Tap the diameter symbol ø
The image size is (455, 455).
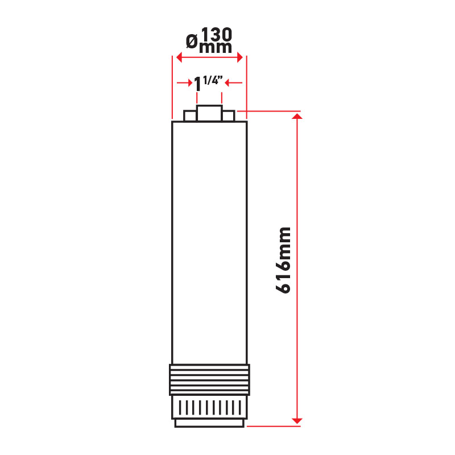[192, 41]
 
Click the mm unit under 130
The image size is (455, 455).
[216, 48]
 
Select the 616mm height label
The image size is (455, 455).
[283, 260]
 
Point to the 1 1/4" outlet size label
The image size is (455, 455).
[208, 83]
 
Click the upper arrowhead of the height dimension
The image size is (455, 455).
[297, 117]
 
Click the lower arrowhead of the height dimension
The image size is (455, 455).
[297, 421]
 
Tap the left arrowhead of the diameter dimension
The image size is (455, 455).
[179, 57]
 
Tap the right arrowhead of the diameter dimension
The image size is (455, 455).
[239, 57]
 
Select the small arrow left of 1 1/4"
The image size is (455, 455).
[184, 83]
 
